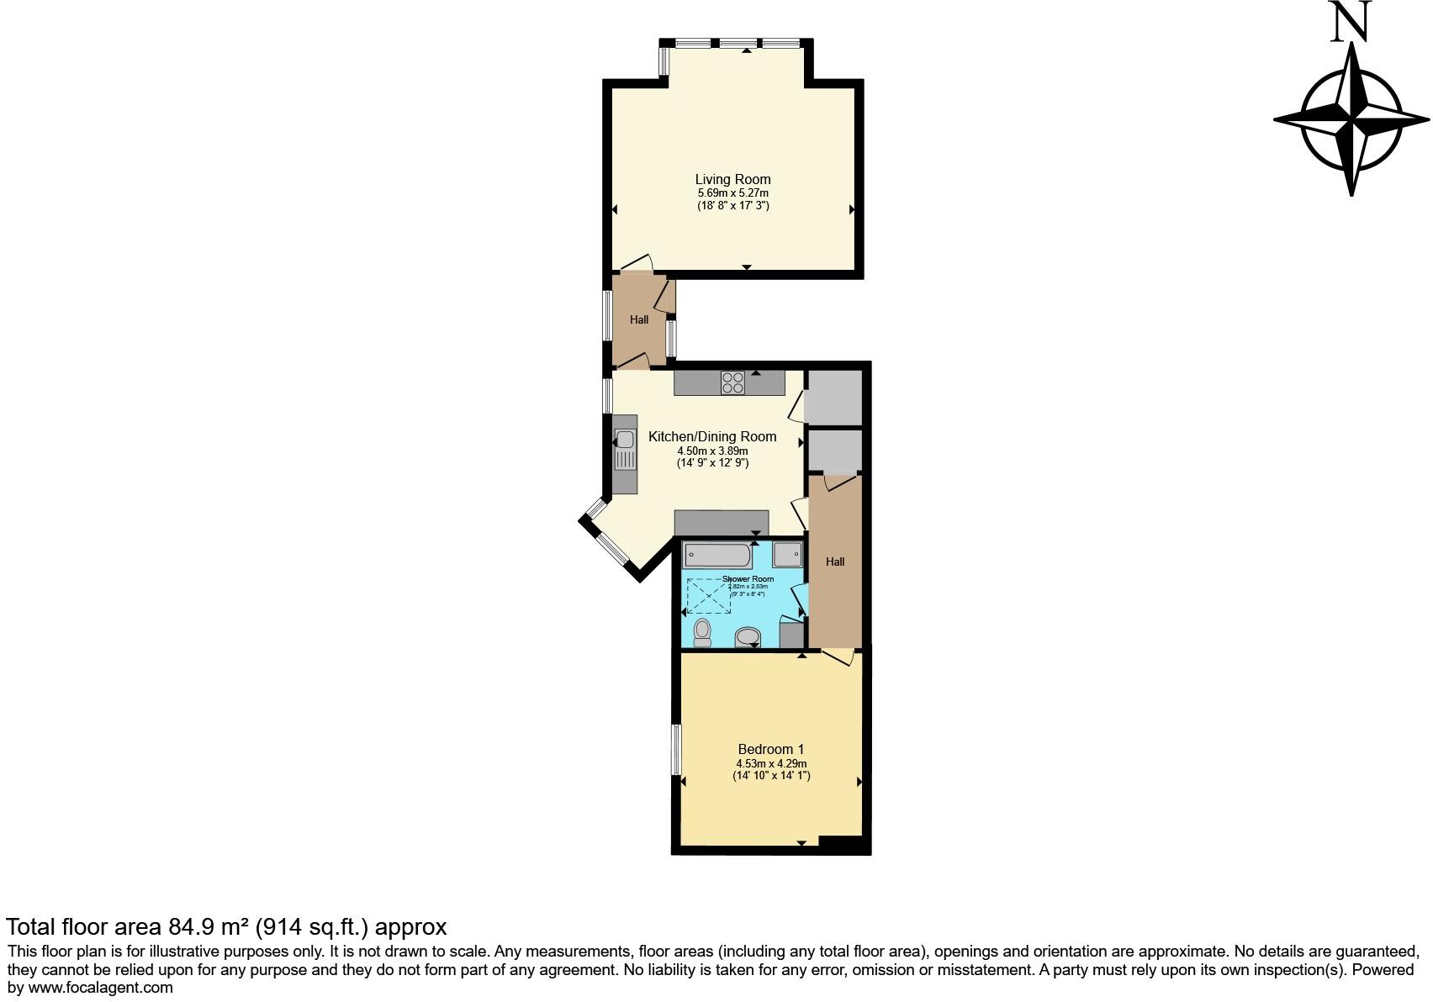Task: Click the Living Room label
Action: point(732,179)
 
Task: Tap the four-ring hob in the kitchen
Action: point(732,382)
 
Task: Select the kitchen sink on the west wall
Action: point(625,450)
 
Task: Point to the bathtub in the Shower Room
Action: point(718,555)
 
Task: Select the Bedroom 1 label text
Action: point(771,749)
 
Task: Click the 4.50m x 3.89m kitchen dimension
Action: point(712,451)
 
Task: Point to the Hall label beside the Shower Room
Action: point(835,562)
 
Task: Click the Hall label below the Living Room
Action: point(639,319)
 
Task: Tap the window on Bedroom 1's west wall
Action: point(675,750)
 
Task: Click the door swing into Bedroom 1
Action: point(840,657)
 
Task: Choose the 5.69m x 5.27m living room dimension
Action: point(732,192)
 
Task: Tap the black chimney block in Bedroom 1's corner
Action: point(842,846)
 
